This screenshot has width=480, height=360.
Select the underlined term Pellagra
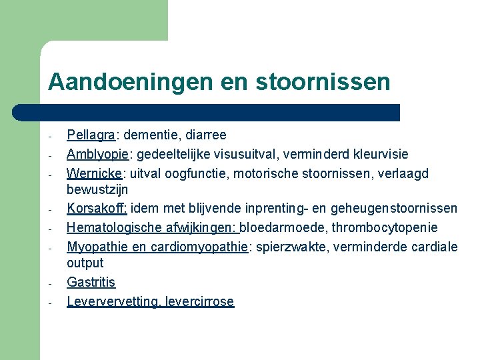click(91, 135)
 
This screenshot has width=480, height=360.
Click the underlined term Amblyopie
click(97, 155)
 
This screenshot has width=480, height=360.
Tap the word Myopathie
click(94, 247)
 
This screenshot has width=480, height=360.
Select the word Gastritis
click(91, 283)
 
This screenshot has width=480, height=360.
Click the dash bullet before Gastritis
click(50, 283)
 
